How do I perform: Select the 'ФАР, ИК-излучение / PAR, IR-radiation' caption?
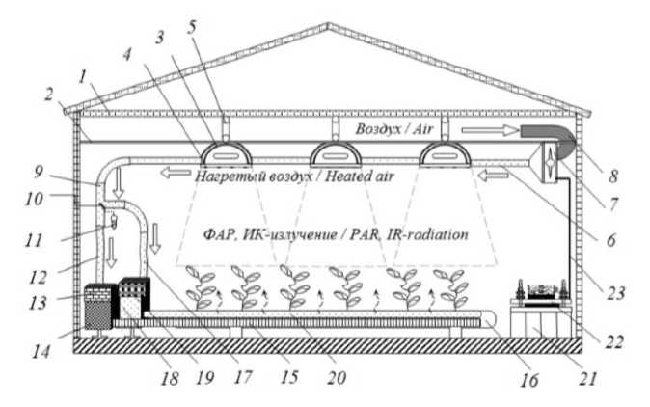pos(337,234)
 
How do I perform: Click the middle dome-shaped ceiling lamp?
pos(331,153)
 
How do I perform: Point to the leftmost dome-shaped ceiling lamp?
pos(223,153)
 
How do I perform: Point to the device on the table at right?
pos(546,290)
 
